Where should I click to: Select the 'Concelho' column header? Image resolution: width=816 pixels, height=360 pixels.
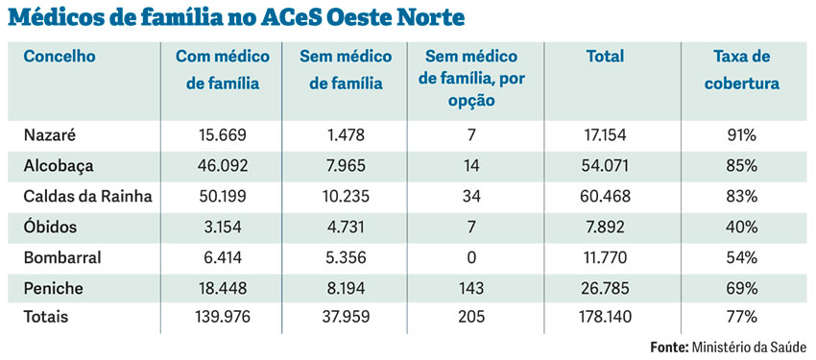[x=60, y=57]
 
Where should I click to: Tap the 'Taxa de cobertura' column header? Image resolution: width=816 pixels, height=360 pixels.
[x=741, y=70]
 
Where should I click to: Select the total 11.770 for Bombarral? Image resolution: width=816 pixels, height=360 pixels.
[x=606, y=256]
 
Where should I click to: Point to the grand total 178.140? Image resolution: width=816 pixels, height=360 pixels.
[x=606, y=316]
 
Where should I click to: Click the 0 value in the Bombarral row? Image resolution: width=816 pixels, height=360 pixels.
[x=471, y=256]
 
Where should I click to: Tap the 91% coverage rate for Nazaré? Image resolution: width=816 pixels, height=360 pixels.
[x=741, y=136]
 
